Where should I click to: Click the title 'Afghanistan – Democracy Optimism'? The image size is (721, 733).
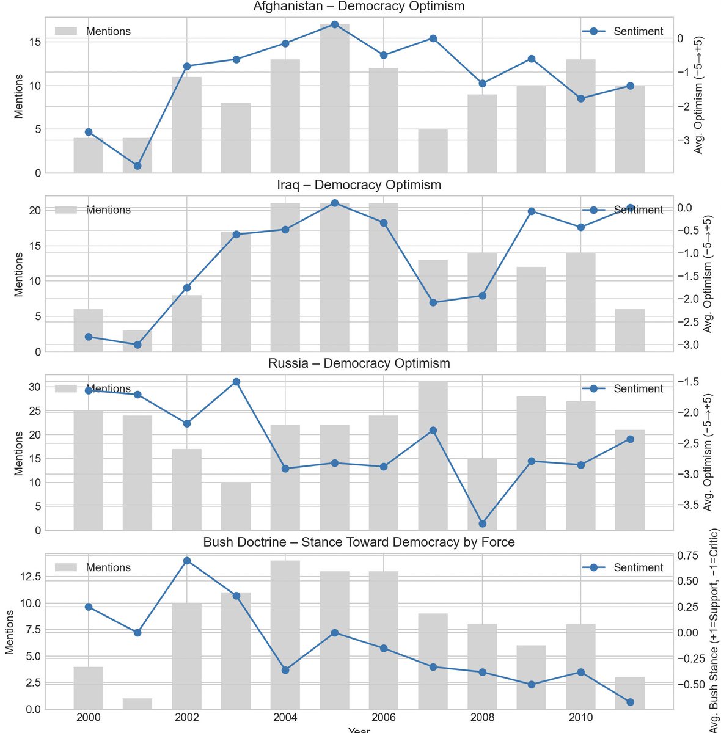click(359, 7)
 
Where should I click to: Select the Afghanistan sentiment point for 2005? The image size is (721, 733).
click(334, 24)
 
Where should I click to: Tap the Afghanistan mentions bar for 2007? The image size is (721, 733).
click(433, 151)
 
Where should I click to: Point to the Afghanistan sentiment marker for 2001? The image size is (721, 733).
click(137, 166)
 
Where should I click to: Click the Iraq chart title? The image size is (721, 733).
click(359, 185)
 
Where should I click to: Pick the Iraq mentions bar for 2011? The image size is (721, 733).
click(630, 330)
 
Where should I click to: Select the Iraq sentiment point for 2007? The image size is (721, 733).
click(433, 302)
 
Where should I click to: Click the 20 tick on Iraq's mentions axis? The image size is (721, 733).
click(35, 211)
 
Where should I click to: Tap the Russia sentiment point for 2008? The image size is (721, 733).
click(482, 523)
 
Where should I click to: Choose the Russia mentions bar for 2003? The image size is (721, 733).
click(236, 506)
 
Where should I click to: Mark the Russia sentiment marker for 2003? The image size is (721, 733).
click(236, 382)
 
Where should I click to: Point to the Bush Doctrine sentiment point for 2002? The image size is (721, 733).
click(187, 561)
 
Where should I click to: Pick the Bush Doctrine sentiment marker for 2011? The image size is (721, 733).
click(630, 702)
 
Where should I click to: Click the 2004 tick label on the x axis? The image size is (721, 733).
click(285, 717)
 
